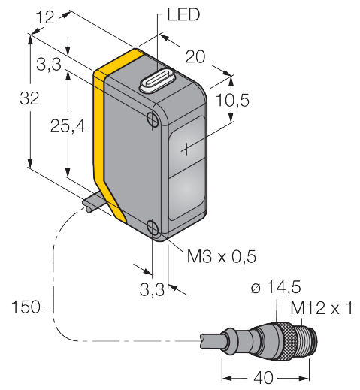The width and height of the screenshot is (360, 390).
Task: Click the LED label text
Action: [183, 14]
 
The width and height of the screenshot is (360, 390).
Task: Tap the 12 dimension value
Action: [45, 17]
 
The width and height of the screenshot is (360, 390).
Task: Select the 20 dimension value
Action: [195, 56]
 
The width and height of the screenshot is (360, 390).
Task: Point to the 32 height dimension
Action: [29, 98]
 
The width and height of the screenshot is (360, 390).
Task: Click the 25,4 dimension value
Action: [68, 125]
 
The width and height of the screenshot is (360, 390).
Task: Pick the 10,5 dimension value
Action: [232, 100]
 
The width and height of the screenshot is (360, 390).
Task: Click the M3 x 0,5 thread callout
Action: [222, 256]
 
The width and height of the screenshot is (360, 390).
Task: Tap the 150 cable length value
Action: [26, 307]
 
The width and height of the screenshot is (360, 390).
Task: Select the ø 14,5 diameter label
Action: [276, 287]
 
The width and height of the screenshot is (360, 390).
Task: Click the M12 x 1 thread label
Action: [322, 308]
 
